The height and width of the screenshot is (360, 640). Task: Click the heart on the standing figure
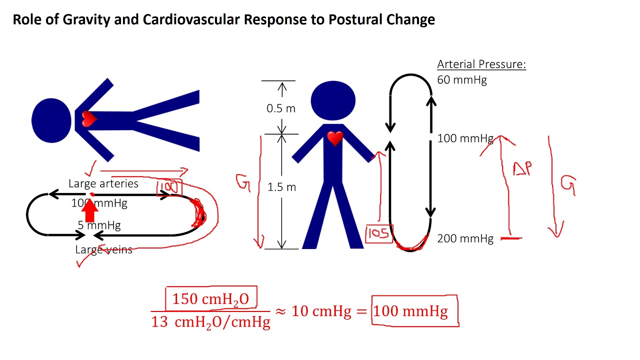(x=335, y=138)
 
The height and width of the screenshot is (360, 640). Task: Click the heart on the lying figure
(x=89, y=119)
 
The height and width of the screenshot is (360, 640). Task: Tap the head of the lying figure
(x=51, y=120)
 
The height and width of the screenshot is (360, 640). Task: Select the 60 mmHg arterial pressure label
(x=461, y=80)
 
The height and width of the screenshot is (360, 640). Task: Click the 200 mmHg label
(x=465, y=239)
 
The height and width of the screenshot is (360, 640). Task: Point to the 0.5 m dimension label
(x=281, y=108)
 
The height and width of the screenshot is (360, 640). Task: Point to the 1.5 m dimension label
(x=281, y=187)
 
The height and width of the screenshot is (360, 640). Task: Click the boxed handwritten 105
(x=379, y=233)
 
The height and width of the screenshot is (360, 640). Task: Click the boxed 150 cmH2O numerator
(x=210, y=299)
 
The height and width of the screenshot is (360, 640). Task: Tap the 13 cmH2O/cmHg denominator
(x=210, y=321)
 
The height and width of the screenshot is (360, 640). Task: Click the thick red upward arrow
(x=89, y=210)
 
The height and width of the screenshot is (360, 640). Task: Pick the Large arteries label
(x=103, y=183)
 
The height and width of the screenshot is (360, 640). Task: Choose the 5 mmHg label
(x=99, y=225)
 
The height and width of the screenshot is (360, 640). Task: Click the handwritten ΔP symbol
(x=522, y=169)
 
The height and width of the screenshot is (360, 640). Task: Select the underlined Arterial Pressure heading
(x=481, y=64)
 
